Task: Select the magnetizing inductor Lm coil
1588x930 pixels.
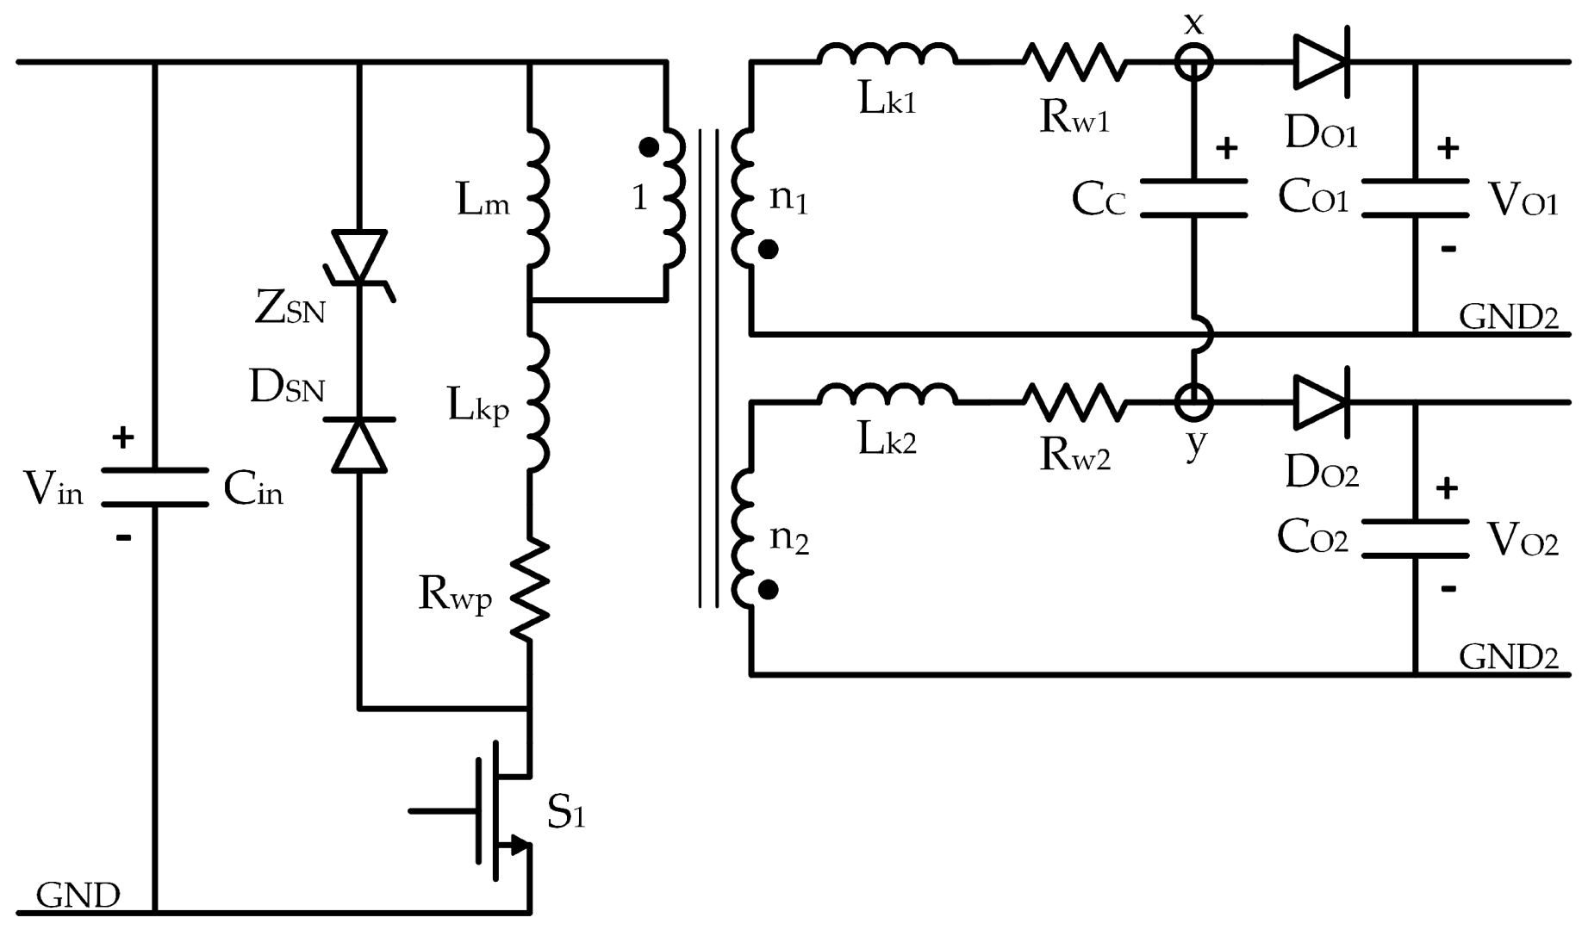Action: [536, 199]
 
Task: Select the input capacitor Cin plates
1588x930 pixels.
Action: [155, 487]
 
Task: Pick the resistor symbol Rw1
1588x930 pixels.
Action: [1074, 62]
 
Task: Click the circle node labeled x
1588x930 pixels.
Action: [1193, 62]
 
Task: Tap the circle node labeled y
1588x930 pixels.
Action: [1193, 401]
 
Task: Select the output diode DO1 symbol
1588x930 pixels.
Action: [1321, 62]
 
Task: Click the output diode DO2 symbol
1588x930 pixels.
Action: [1321, 401]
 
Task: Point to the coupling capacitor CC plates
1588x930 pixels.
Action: [1193, 198]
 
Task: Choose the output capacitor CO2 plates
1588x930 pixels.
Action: [1415, 538]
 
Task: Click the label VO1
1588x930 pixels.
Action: [1523, 201]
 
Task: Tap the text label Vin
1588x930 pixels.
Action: [53, 489]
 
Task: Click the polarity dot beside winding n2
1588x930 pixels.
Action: [769, 590]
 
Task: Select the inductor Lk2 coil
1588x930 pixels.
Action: [887, 394]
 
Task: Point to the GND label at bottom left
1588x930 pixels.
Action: [78, 896]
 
